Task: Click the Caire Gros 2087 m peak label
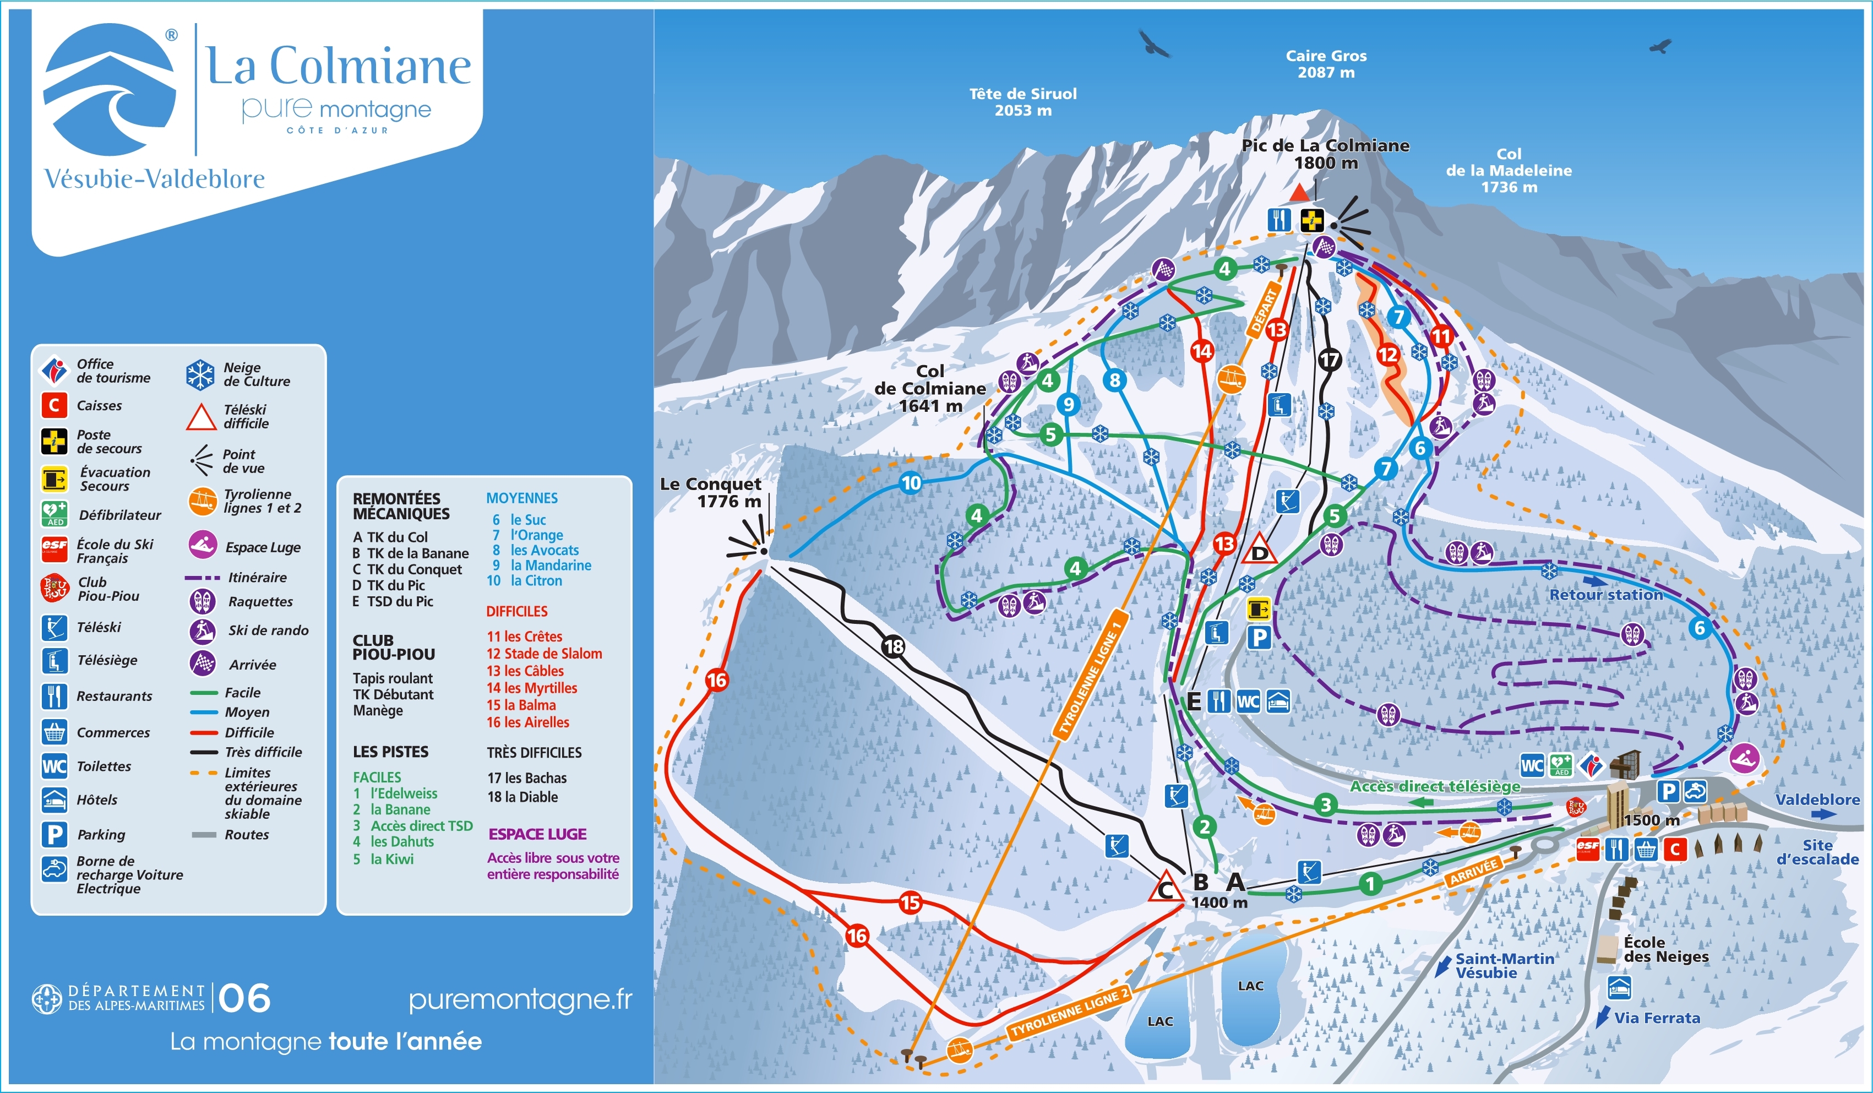tap(1326, 64)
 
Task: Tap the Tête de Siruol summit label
tap(1023, 102)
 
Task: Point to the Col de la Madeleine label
tap(1508, 170)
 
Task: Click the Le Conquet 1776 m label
tap(711, 492)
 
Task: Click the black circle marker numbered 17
tap(1329, 361)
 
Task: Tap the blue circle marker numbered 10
tap(911, 483)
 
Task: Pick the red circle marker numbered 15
tap(910, 902)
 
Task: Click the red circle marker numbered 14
tap(1202, 351)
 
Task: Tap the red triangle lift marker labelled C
tap(1166, 888)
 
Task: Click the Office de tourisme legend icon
tap(53, 369)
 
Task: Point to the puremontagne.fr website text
tap(520, 999)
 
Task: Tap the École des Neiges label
tap(1665, 949)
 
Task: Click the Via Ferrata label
tap(1657, 1018)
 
